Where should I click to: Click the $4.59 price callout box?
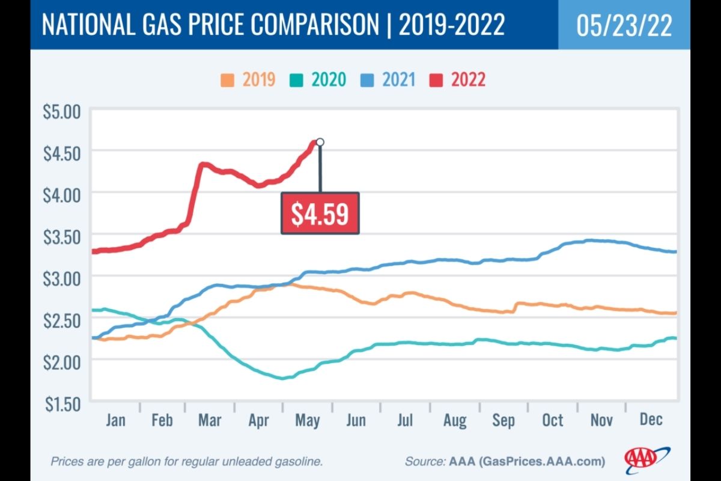pos(320,213)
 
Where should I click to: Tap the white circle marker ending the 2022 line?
pos(320,142)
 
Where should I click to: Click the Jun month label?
pos(356,419)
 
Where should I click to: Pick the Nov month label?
pos(601,419)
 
